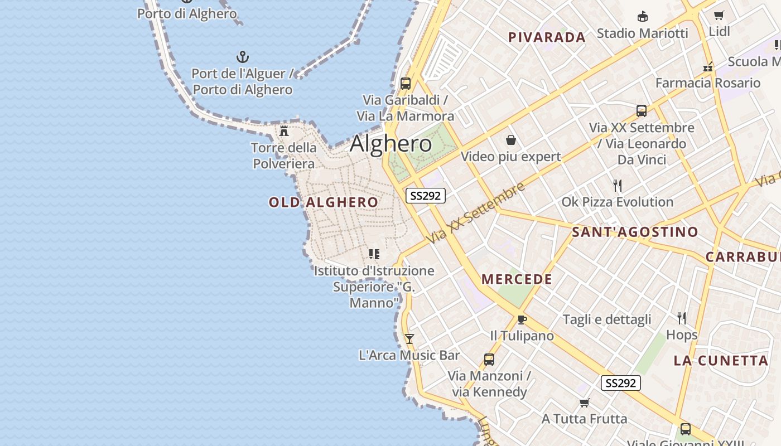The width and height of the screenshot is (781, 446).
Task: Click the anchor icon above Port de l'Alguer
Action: tap(243, 56)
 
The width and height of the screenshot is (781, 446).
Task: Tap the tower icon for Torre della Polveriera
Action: tap(284, 131)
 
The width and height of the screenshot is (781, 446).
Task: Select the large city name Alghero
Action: tap(390, 144)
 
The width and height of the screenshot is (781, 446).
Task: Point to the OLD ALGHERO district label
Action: tap(324, 202)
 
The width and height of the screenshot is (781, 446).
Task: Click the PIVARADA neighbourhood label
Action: tap(547, 37)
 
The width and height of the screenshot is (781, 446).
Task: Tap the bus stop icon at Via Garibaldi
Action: tap(406, 84)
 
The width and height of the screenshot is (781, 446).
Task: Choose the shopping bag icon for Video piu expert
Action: tap(510, 139)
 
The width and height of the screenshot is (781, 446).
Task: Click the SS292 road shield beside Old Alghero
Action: tap(425, 195)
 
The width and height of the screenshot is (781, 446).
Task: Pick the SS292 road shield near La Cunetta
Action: tap(621, 383)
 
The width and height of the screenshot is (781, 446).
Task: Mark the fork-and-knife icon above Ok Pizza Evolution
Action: tap(617, 185)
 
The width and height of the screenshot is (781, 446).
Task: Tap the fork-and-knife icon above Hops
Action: tap(682, 318)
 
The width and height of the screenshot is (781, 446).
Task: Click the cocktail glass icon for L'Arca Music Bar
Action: tap(409, 338)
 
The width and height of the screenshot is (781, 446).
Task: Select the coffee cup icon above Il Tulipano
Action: tap(522, 319)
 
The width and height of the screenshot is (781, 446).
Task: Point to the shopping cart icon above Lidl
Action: tap(719, 16)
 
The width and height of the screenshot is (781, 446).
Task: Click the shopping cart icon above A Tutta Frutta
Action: tap(585, 403)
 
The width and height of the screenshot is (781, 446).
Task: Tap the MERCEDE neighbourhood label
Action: tap(517, 279)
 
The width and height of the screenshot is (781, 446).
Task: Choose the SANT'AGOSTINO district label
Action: tap(635, 232)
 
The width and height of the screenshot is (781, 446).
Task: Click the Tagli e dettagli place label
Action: tap(607, 319)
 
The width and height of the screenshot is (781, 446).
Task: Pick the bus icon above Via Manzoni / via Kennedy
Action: tap(489, 360)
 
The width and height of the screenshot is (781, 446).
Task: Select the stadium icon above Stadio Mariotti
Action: tap(643, 17)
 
